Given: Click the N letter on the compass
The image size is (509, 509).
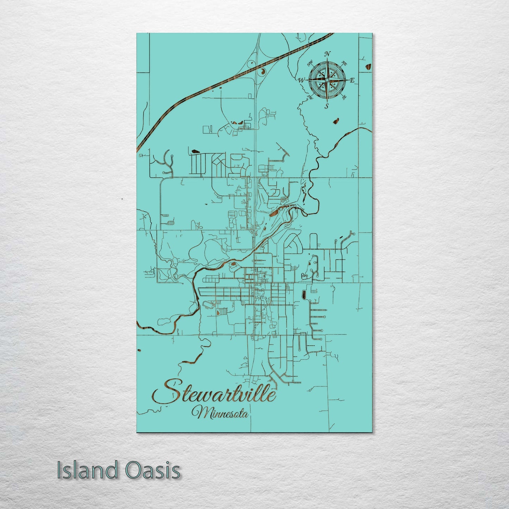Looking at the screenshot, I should pyautogui.click(x=327, y=54).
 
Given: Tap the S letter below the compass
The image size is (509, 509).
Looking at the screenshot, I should pyautogui.click(x=327, y=106).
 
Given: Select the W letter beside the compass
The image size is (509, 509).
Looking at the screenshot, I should pyautogui.click(x=302, y=80).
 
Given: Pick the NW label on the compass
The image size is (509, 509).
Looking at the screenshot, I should pyautogui.click(x=310, y=64).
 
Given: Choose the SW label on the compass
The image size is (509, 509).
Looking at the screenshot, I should pyautogui.click(x=310, y=97).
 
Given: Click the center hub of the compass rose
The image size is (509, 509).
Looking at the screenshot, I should pyautogui.click(x=327, y=80).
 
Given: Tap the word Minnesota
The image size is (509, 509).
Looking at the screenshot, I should pyautogui.click(x=220, y=412).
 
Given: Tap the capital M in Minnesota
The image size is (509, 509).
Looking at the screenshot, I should pyautogui.click(x=198, y=412).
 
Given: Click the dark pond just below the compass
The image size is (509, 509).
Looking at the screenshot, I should pyautogui.click(x=335, y=122).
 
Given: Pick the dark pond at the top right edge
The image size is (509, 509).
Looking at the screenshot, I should pyautogui.click(x=369, y=66).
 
